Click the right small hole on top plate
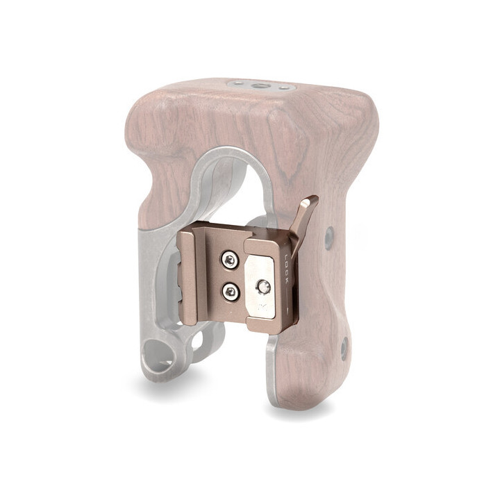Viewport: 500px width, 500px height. point(283,87)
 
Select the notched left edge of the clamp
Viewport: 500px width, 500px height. point(186,278)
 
